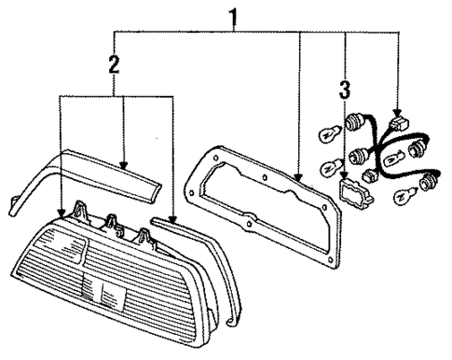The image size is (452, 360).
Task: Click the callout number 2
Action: (x=114, y=65)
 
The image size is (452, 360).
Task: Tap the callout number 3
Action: (x=346, y=90)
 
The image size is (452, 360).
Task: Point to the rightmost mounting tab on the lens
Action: (x=145, y=236)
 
